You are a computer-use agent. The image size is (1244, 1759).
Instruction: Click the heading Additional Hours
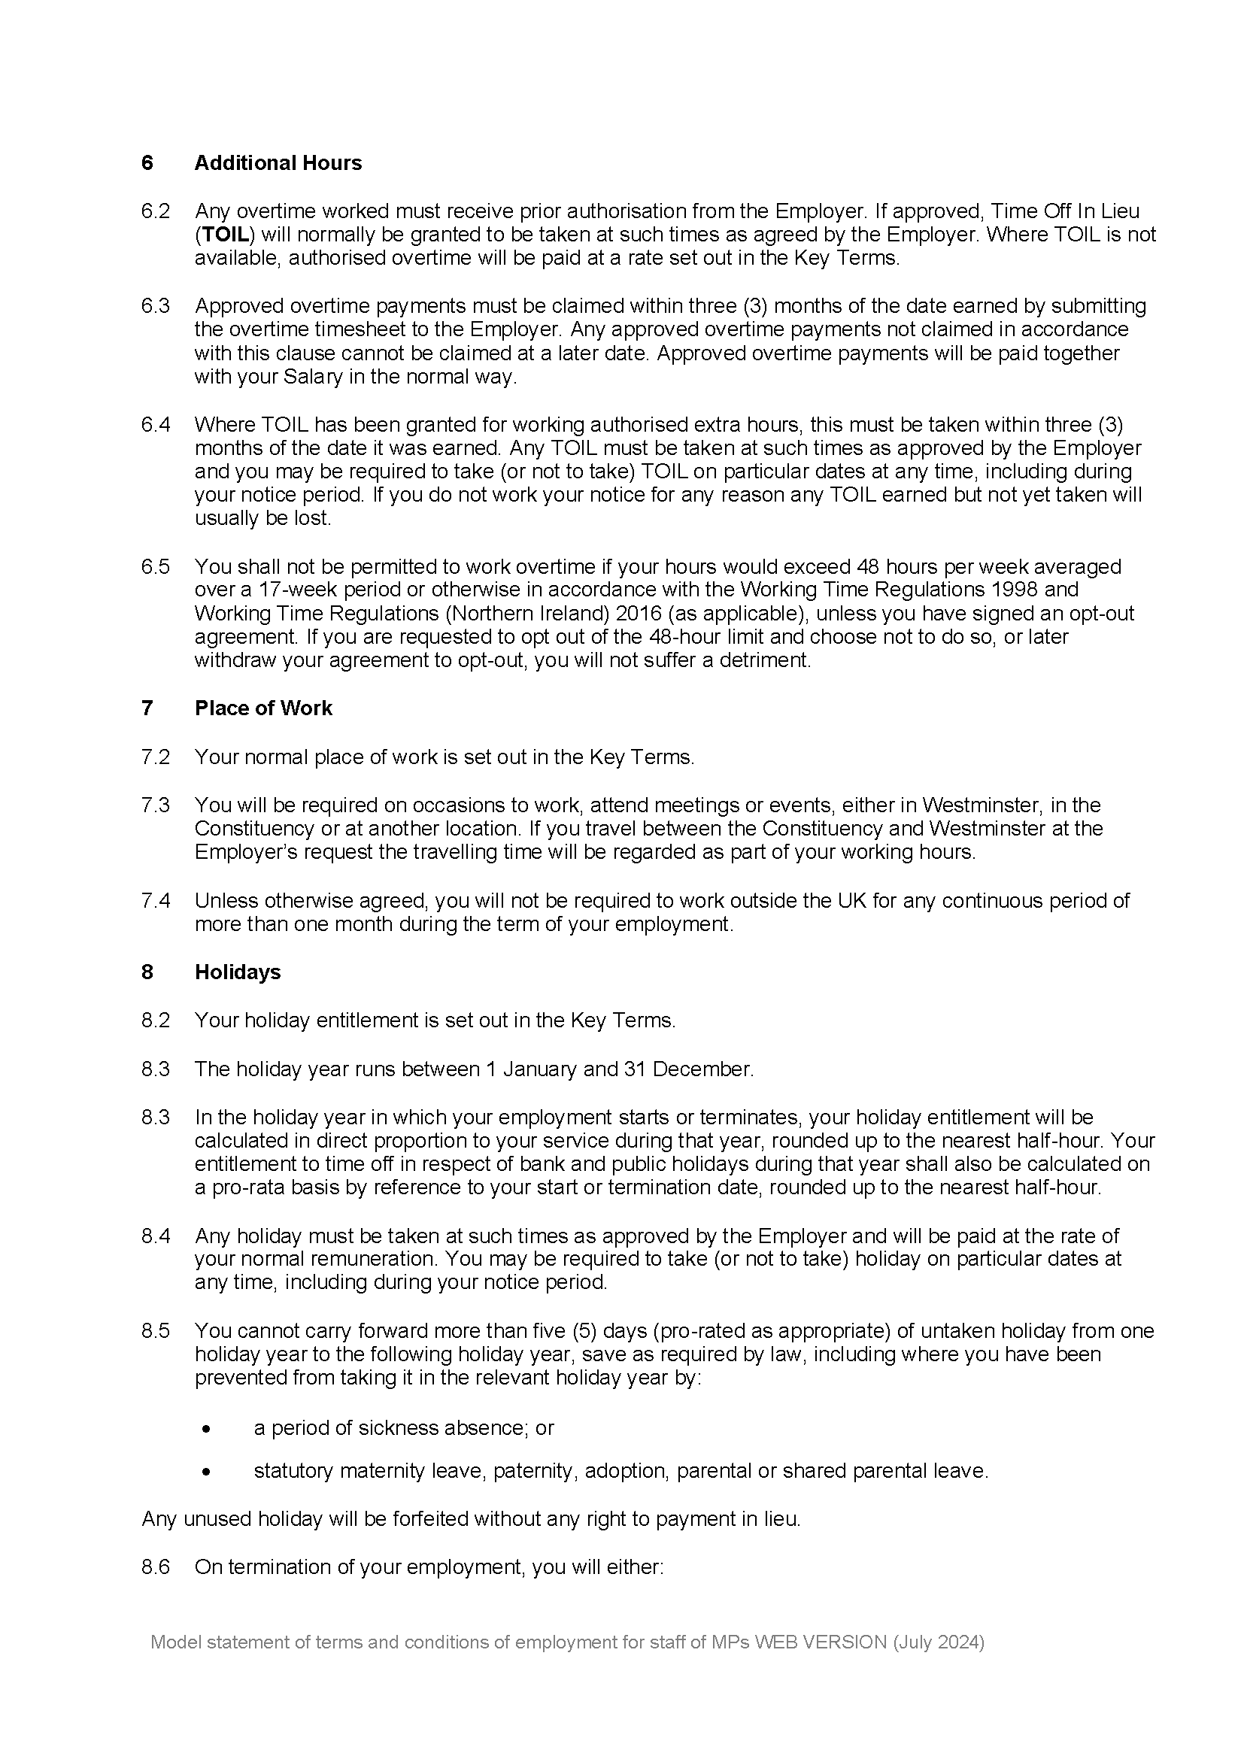pos(278,163)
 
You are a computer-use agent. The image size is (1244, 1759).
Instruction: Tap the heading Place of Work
pos(262,708)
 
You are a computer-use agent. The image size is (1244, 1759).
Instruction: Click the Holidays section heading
pos(238,972)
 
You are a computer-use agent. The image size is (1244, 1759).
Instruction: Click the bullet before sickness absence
pos(205,1430)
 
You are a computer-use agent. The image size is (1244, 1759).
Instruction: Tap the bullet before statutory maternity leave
pos(205,1472)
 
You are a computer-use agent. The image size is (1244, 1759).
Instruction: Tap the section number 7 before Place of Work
pos(147,708)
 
